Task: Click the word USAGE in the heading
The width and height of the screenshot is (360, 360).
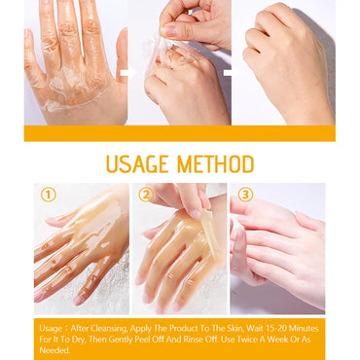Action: (137, 164)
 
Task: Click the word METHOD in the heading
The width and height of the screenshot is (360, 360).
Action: (215, 164)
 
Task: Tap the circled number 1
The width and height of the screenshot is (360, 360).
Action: (49, 195)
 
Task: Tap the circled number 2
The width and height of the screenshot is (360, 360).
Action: (146, 195)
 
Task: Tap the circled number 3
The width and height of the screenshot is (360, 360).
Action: (245, 195)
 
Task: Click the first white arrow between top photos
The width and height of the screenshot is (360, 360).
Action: (128, 73)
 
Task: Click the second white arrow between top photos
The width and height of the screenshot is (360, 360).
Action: (231, 73)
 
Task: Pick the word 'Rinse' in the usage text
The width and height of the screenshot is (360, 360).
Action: (194, 340)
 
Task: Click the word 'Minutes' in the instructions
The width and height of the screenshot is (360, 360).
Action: (304, 329)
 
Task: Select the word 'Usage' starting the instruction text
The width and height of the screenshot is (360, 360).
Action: (51, 329)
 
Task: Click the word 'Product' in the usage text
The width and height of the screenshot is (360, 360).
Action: (184, 329)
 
